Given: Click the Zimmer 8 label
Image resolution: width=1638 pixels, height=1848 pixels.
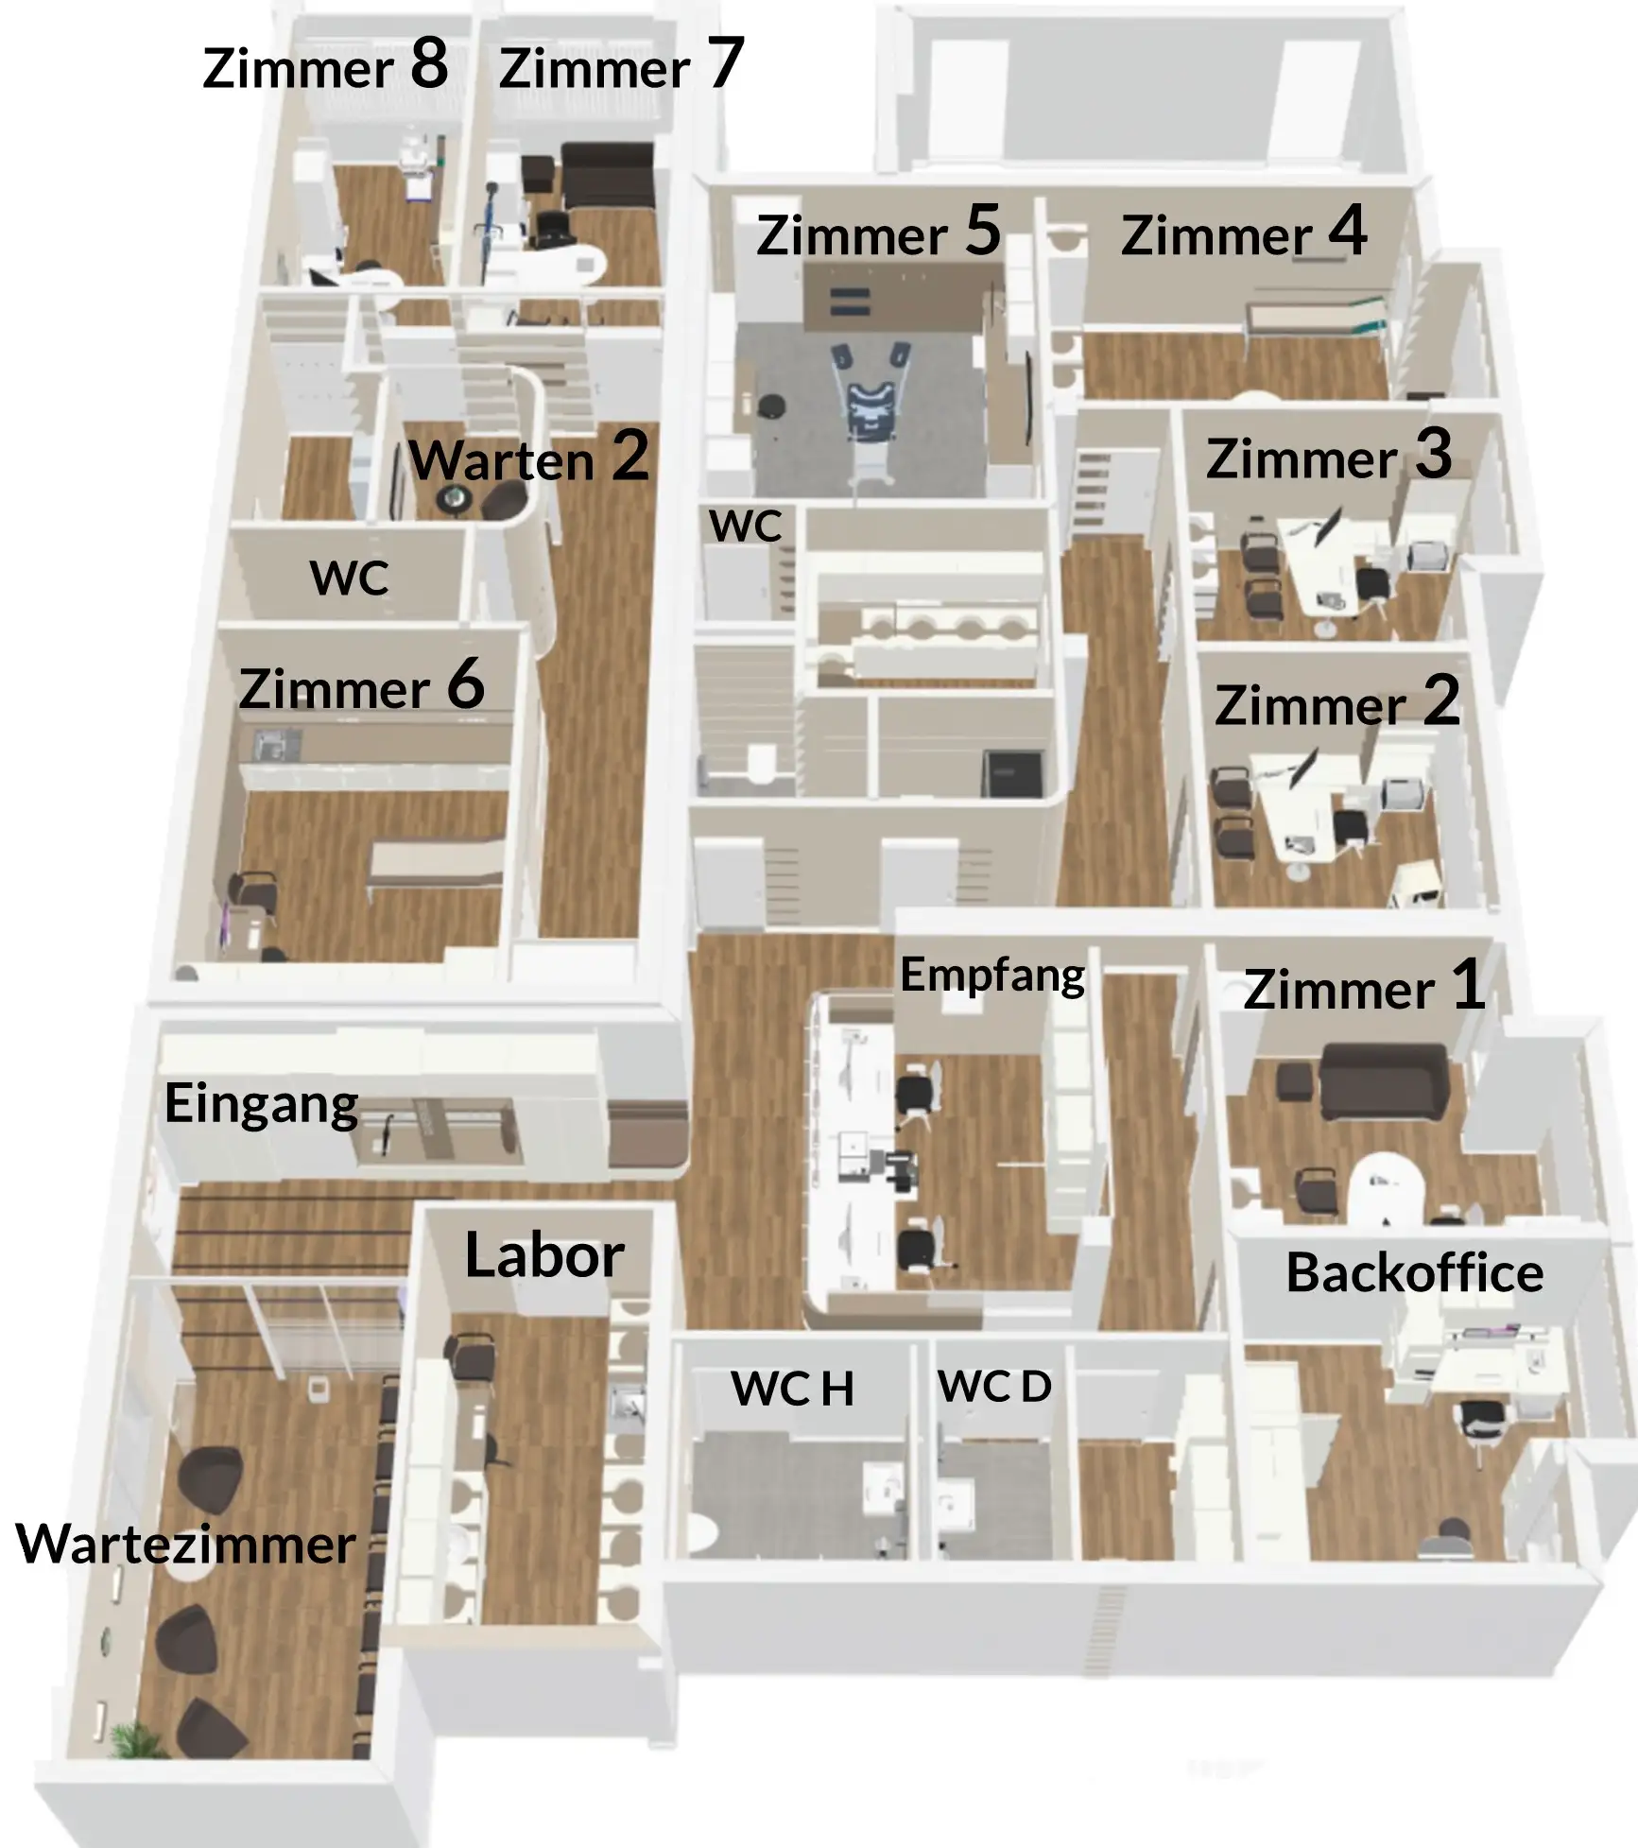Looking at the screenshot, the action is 325,65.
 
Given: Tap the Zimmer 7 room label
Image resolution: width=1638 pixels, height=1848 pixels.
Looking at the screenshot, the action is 621,65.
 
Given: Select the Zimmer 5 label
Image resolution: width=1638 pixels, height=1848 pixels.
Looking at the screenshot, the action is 878,232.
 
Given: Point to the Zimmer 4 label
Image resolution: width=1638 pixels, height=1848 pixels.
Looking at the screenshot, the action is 1244,232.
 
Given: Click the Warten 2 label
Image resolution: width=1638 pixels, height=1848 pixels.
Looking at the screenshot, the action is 529,457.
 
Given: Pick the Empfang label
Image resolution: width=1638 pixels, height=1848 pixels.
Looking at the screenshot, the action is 992,976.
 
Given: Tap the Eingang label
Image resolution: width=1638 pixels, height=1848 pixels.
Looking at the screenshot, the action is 262,1104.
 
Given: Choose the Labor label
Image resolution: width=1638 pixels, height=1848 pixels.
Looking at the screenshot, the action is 544,1255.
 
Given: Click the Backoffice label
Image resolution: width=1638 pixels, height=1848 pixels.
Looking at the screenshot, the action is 1415,1272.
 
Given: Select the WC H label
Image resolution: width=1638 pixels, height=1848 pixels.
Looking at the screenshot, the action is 792,1390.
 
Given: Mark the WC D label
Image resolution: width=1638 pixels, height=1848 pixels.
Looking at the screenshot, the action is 994,1387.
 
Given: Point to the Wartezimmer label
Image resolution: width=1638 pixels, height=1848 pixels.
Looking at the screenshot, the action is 186,1546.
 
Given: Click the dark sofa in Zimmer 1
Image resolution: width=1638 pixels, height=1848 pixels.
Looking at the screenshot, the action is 1385,1082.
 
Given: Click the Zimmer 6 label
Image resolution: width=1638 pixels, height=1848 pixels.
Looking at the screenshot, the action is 362,685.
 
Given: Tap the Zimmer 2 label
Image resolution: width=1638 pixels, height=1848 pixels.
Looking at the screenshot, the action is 1337,702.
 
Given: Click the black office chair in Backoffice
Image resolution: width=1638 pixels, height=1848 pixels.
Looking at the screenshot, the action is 1482,1423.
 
